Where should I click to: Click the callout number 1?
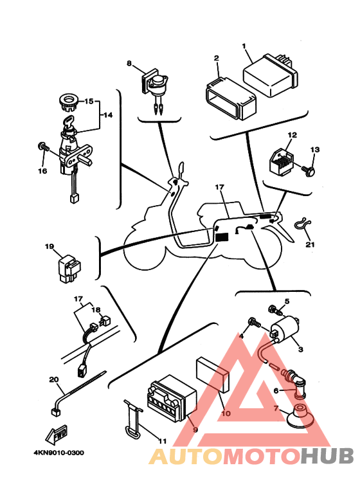coord(244,46)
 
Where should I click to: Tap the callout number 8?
coord(129,64)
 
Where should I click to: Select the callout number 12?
coord(292,135)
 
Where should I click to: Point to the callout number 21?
coord(310,244)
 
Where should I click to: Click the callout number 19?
coord(50,246)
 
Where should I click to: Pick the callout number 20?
coord(54,379)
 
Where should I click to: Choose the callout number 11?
coord(162,441)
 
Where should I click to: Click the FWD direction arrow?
coord(57,434)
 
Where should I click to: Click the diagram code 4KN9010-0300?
coord(59,453)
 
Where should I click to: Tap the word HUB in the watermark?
coord(327,456)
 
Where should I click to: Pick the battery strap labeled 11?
coord(133,419)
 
